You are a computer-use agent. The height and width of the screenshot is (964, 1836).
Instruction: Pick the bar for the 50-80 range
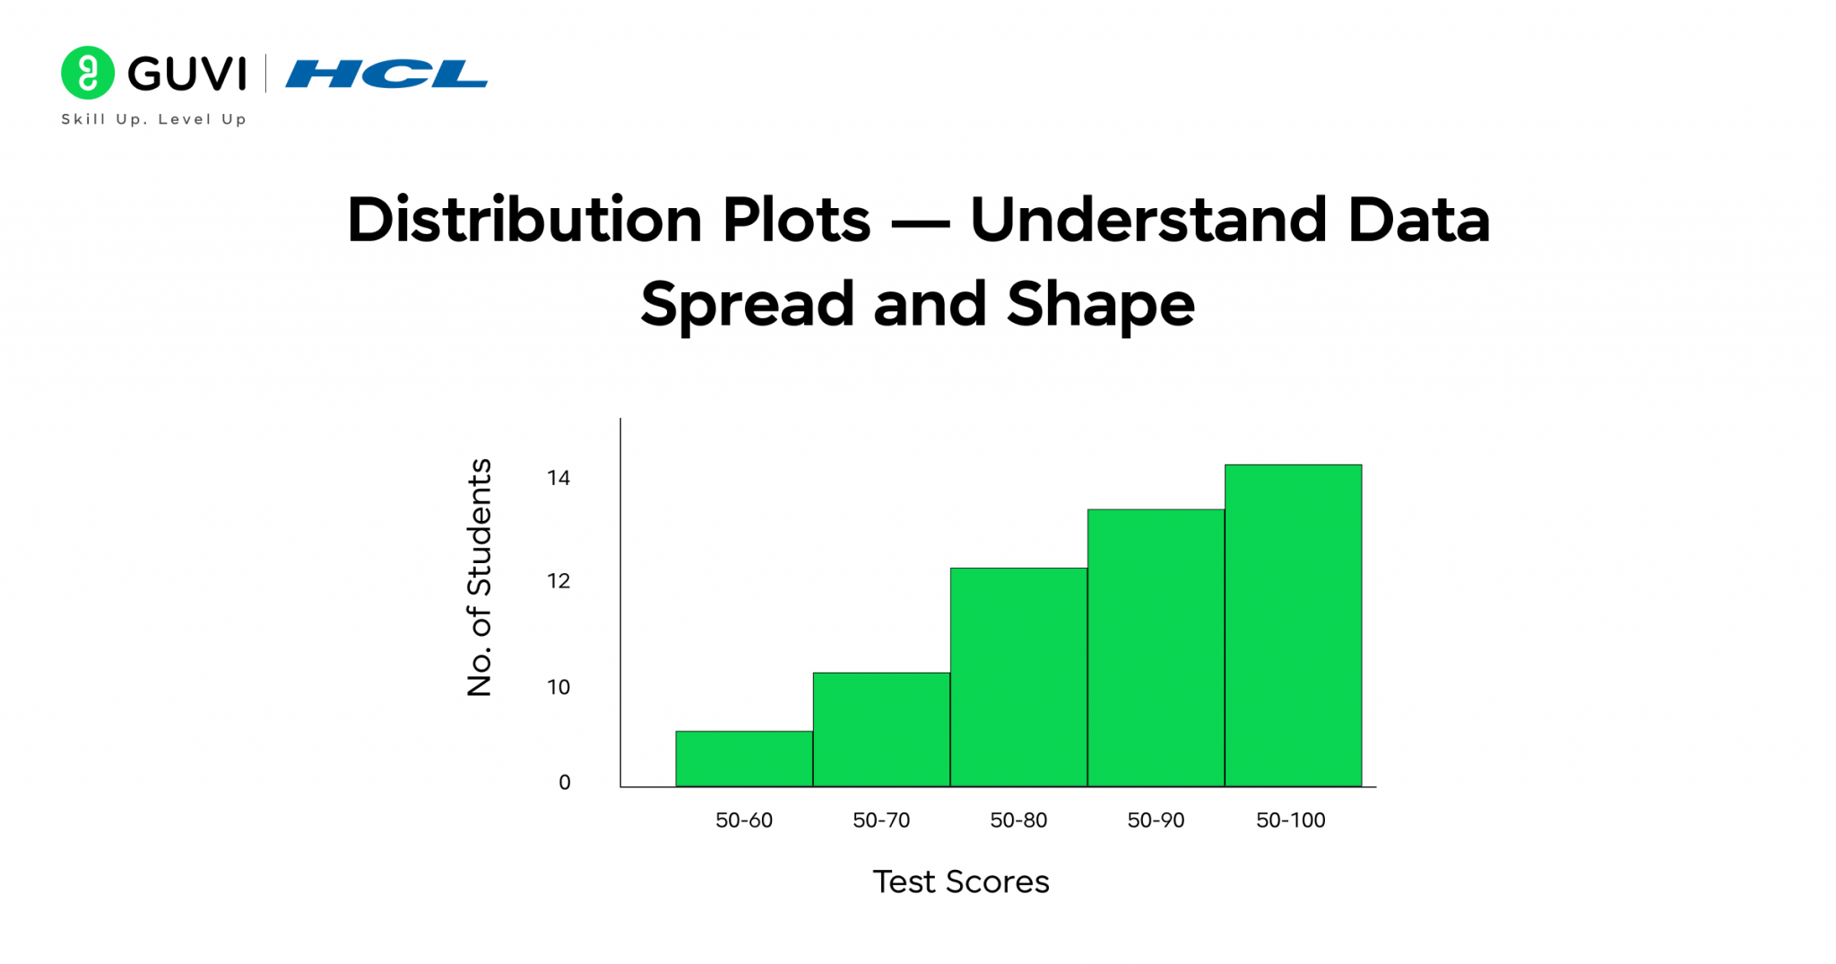pos(1018,677)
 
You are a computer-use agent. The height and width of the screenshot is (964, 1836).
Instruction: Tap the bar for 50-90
pos(1156,647)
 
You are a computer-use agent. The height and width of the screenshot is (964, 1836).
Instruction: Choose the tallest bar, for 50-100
pos(1293,625)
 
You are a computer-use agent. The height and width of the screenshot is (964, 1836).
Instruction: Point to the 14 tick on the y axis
pos(559,478)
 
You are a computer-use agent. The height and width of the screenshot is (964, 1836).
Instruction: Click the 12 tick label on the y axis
pos(559,581)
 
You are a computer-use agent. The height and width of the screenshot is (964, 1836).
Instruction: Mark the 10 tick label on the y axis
pos(559,687)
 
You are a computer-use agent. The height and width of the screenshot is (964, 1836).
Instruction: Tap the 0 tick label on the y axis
pos(564,782)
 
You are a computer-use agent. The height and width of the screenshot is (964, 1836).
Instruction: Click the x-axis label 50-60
pos(743,820)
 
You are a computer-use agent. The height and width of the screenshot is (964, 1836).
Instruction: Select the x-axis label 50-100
pos(1290,820)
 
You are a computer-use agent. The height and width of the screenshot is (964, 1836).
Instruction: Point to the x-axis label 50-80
pos(1018,820)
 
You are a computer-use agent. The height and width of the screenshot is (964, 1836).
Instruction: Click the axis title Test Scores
pos(960,881)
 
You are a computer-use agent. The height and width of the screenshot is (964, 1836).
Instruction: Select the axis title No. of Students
pos(480,578)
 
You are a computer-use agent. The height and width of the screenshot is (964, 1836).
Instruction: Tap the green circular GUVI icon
pos(88,73)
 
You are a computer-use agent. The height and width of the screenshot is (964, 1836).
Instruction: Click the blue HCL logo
pos(386,74)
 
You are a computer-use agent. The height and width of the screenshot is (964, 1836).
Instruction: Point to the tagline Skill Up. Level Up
pos(153,119)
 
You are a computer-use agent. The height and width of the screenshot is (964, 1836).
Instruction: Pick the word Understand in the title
pos(1147,220)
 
